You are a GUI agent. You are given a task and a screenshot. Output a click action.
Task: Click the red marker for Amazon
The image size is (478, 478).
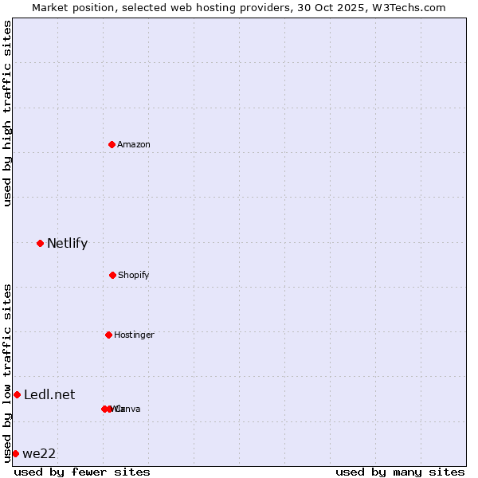(112, 144)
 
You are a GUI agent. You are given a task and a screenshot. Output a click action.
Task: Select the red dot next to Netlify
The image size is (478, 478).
(40, 243)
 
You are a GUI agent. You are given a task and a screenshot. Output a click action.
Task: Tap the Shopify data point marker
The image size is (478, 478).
(112, 275)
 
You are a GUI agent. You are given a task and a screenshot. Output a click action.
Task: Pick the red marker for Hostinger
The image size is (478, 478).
(108, 335)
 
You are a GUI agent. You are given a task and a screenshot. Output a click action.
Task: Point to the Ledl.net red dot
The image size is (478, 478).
(17, 394)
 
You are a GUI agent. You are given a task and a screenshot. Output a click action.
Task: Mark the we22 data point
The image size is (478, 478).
(15, 453)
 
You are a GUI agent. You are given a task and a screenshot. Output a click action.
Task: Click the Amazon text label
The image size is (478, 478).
(134, 145)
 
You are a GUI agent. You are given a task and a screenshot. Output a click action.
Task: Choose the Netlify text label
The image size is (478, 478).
(67, 244)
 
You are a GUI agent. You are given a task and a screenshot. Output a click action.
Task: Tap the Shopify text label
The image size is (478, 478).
(134, 276)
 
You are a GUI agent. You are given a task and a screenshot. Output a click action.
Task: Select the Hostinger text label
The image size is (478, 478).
(134, 335)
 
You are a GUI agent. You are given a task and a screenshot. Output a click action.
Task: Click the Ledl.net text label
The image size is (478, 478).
(49, 395)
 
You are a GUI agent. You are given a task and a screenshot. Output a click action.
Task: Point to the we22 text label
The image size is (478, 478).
(39, 454)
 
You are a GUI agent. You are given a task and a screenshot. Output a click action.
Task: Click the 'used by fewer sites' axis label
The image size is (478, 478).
(82, 472)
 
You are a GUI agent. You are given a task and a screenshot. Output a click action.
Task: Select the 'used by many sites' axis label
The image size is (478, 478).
(400, 472)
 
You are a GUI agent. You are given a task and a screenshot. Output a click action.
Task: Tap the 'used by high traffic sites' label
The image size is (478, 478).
(7, 113)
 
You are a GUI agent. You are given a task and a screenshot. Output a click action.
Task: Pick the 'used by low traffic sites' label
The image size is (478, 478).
(7, 372)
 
